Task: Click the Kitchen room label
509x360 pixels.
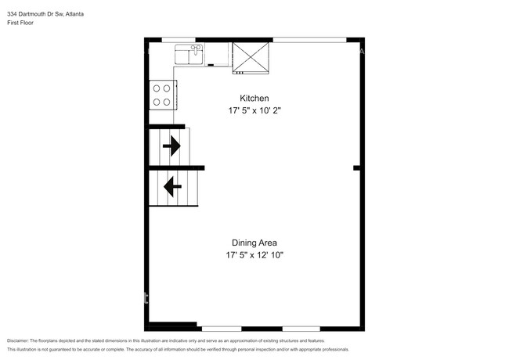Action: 254,99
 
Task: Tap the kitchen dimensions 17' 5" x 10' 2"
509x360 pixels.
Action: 254,111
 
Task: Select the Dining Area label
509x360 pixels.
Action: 254,243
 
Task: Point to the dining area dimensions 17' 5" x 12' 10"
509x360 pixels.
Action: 254,255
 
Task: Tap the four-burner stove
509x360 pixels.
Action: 162,95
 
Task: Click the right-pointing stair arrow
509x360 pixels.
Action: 171,145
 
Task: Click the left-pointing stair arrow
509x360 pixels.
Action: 171,187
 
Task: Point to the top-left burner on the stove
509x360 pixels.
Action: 157,88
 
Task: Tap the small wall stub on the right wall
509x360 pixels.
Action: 356,167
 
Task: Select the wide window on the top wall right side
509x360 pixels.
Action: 309,39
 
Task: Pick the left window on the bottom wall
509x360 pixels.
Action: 221,328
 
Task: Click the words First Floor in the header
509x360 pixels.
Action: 20,23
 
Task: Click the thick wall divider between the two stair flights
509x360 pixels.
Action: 176,167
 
